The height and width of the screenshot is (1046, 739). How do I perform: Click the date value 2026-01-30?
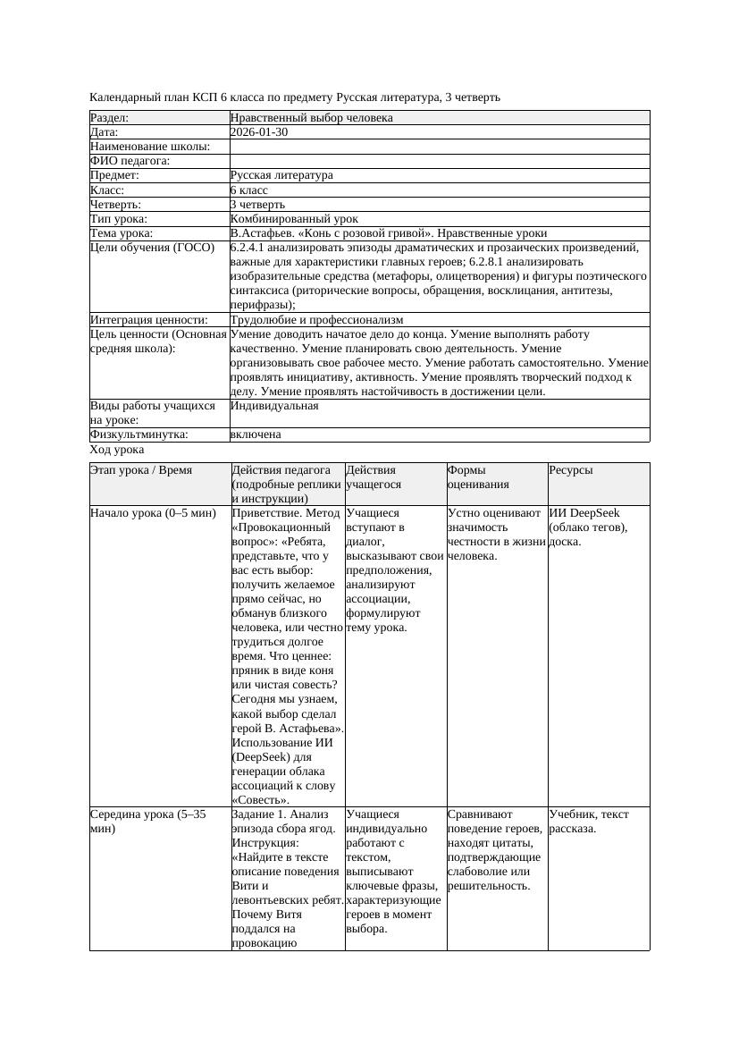pos(259,132)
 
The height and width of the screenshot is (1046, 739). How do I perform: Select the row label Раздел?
pos(110,118)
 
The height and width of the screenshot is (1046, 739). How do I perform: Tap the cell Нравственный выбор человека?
pos(311,118)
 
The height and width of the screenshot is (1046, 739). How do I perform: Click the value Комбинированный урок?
pos(294,219)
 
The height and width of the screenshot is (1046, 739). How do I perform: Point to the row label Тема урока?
pos(122,233)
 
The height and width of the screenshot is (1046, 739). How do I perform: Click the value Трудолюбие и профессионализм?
pos(316,320)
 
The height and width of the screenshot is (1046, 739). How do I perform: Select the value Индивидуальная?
pos(274,406)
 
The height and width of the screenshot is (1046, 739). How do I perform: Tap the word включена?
pos(256,434)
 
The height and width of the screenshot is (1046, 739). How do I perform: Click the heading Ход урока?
pos(117,451)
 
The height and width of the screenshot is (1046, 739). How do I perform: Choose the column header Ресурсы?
pos(571,470)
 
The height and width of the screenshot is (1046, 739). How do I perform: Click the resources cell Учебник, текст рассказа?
pos(589,822)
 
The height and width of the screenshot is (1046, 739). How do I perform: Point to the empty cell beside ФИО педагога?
pos(439,161)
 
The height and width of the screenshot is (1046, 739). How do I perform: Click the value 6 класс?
pos(249,190)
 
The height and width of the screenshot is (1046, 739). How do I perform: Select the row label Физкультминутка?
pos(139,434)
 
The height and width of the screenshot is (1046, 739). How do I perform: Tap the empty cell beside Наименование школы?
pos(439,147)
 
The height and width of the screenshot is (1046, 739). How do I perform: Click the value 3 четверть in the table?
pos(257,205)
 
